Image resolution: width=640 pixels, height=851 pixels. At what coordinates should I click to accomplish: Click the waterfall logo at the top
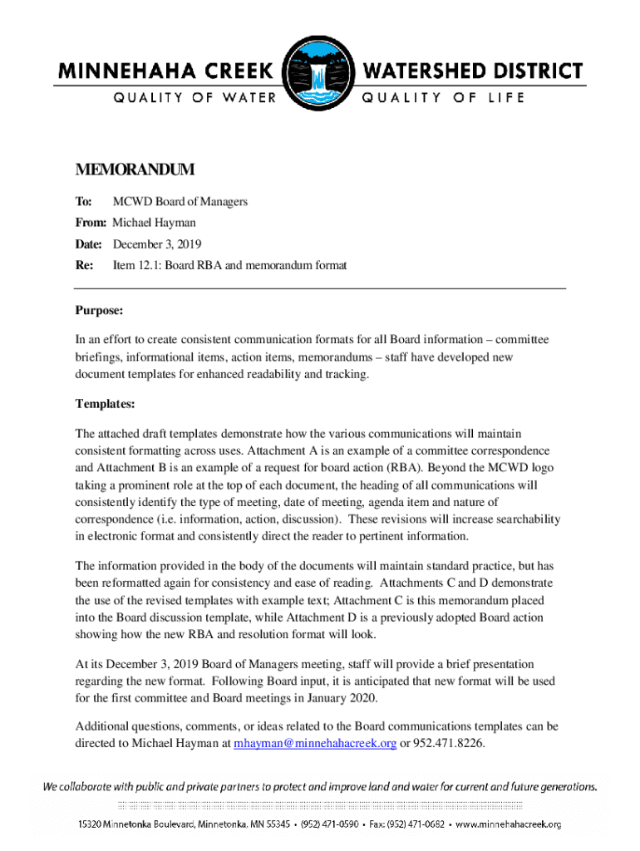pyautogui.click(x=320, y=73)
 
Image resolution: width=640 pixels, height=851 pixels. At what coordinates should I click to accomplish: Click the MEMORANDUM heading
pyautogui.click(x=135, y=170)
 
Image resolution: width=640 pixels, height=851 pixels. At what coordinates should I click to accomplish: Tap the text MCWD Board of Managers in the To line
pyautogui.click(x=180, y=201)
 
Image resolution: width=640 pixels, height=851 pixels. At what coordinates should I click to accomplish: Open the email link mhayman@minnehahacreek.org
pyautogui.click(x=315, y=743)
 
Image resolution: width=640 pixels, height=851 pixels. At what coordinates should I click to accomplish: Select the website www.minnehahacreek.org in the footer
pyautogui.click(x=508, y=824)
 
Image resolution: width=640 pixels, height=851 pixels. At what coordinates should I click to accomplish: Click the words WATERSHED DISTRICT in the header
pyautogui.click(x=471, y=71)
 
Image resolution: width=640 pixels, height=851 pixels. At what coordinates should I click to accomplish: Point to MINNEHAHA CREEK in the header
pyautogui.click(x=166, y=71)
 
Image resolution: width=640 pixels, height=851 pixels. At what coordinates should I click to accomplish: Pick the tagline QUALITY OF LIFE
pyautogui.click(x=442, y=98)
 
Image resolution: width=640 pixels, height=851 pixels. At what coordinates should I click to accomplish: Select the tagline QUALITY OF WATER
pyautogui.click(x=194, y=98)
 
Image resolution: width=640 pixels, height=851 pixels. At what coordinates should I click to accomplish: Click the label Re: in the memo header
pyautogui.click(x=86, y=266)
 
